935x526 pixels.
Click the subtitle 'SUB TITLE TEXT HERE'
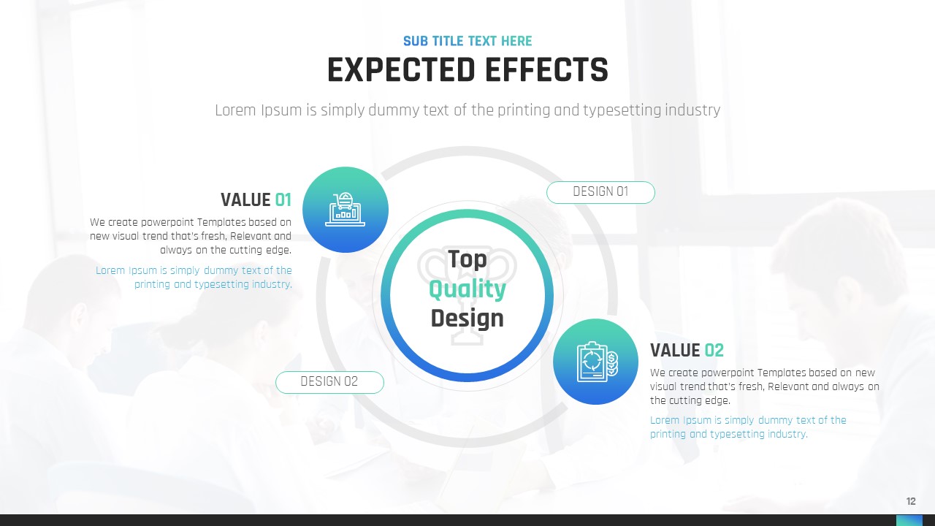pos(467,41)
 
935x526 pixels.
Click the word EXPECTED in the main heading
pos(402,69)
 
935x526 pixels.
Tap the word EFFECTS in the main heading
pos(547,69)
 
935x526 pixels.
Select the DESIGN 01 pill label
pos(600,192)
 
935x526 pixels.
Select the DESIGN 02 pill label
pos(329,382)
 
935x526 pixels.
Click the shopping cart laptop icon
pos(346,210)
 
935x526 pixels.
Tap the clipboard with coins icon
pos(597,362)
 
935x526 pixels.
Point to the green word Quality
pos(467,290)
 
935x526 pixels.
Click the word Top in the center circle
pos(467,259)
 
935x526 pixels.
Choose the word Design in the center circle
pos(467,319)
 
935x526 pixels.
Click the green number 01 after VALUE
pos(283,200)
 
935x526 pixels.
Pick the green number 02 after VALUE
pos(714,351)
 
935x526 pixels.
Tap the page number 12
pos(911,501)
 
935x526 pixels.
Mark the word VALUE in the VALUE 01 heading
pos(245,200)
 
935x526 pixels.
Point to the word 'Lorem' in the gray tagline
pos(236,110)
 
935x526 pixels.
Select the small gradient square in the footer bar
pos(909,520)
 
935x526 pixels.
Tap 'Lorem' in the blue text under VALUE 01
pos(110,270)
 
